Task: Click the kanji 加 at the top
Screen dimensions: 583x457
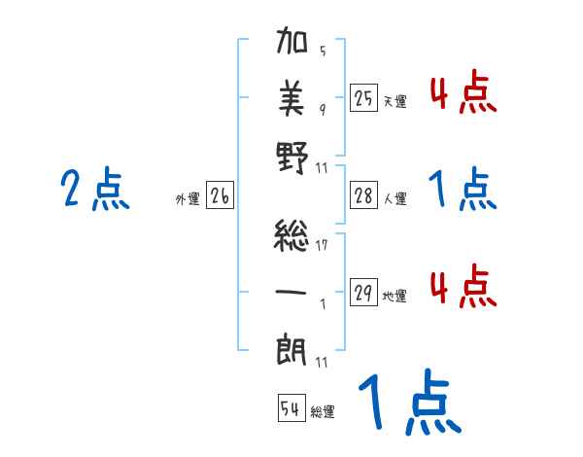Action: tap(292, 46)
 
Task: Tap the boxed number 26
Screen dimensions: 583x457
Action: tap(220, 196)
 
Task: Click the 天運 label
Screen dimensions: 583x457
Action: tap(394, 101)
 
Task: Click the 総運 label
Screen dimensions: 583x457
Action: tap(323, 412)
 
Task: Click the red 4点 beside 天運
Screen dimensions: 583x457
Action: tap(463, 94)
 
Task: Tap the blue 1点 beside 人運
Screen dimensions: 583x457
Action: tap(463, 190)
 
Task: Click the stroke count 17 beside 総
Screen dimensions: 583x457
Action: tap(322, 244)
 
